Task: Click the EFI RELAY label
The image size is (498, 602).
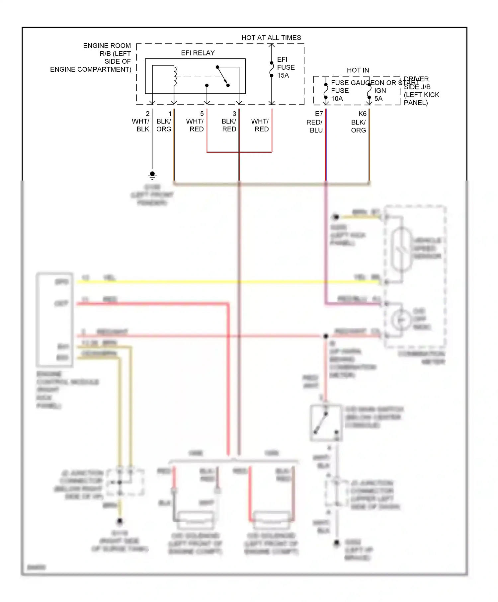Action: coord(198,53)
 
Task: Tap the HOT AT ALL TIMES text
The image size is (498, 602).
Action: coord(271,38)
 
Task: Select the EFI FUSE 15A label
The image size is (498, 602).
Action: coord(286,67)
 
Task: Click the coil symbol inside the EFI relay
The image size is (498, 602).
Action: coord(175,76)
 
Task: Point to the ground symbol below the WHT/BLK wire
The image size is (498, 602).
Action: coord(152,175)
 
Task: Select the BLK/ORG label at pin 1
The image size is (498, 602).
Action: coord(164,125)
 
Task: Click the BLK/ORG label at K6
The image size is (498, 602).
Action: coord(358,126)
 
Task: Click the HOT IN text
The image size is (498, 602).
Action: coord(358,70)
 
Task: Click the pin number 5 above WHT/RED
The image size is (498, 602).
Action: coord(202,113)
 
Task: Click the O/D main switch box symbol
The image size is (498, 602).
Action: coord(326,422)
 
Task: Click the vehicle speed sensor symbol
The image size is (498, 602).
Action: coord(401,249)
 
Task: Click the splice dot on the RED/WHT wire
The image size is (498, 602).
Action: coord(326,336)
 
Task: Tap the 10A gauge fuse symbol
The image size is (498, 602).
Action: coord(326,91)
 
